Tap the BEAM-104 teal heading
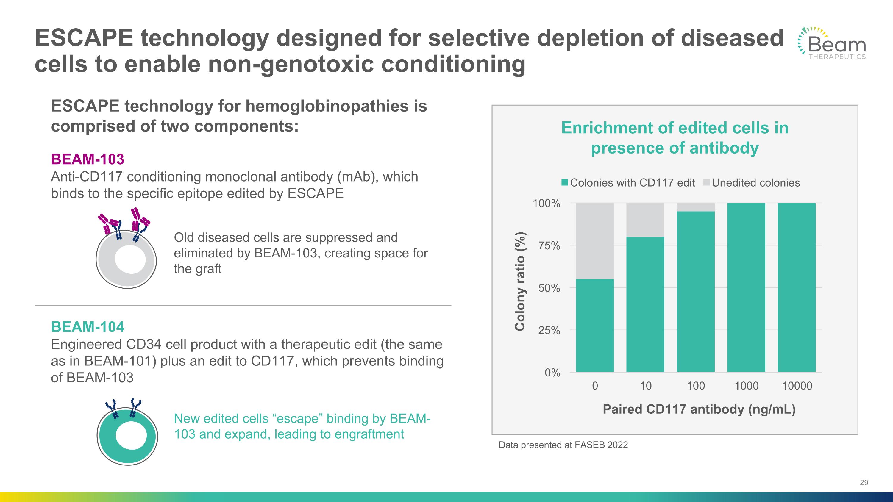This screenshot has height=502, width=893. (x=87, y=327)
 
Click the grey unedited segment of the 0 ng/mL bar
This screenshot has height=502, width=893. (x=595, y=241)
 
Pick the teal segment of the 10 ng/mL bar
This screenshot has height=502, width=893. (x=645, y=304)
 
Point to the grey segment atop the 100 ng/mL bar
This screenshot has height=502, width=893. (x=696, y=207)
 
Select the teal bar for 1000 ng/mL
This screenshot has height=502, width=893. (x=746, y=287)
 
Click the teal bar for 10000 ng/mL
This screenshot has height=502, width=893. (x=797, y=287)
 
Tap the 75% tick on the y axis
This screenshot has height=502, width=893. (x=549, y=245)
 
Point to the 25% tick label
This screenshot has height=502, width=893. (x=549, y=331)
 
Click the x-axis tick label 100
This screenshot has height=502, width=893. (x=696, y=386)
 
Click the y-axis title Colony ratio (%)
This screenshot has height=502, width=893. (x=520, y=281)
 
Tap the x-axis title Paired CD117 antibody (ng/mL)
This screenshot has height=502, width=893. (x=699, y=409)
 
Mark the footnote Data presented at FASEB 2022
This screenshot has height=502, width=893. (x=563, y=445)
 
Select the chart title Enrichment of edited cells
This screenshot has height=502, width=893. (x=675, y=137)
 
